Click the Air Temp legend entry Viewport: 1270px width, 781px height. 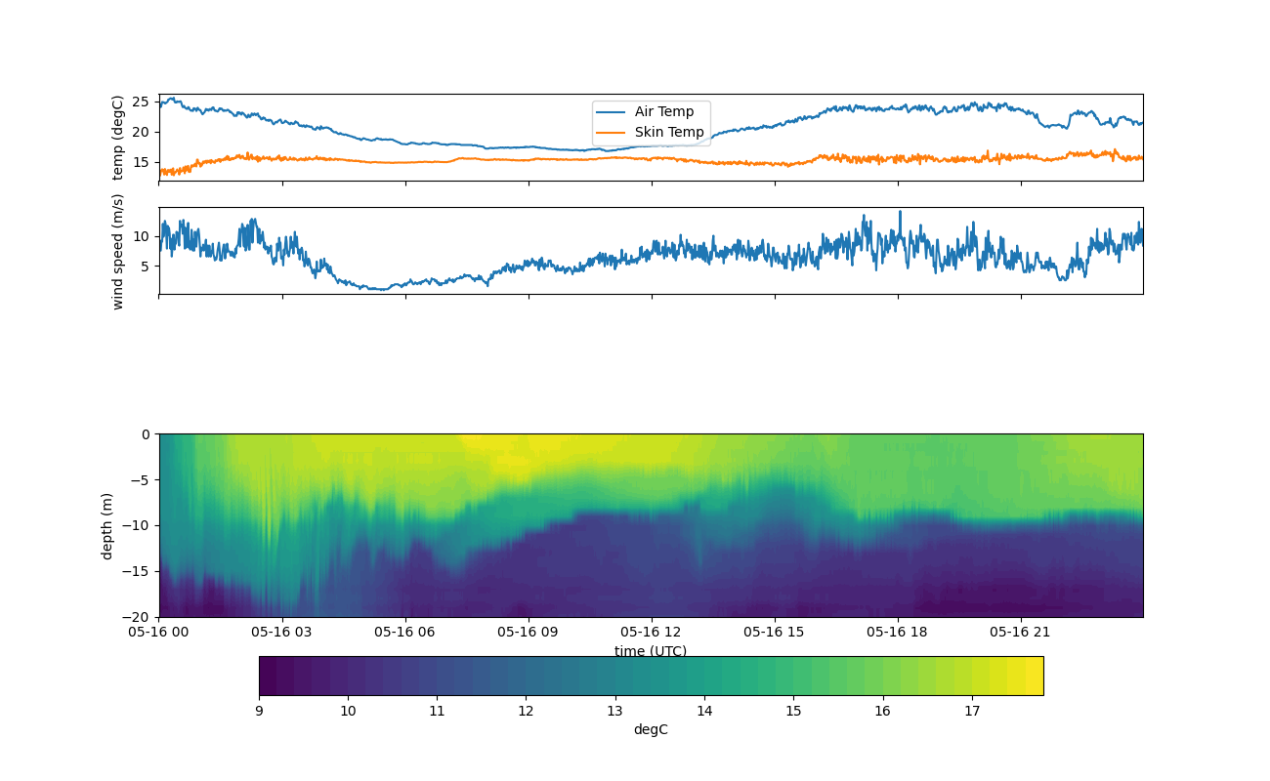[663, 112]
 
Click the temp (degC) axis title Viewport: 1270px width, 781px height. [118, 138]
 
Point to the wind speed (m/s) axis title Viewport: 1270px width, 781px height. [118, 251]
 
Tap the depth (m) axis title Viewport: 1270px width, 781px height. [107, 525]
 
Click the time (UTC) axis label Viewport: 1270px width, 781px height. [651, 651]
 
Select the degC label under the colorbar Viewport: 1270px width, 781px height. [651, 729]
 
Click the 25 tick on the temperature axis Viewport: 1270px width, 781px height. [139, 102]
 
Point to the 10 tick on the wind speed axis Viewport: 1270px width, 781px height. [139, 236]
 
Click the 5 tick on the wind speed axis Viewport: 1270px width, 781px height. [143, 267]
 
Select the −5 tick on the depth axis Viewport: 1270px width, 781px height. [139, 479]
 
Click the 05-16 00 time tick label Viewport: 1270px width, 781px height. [159, 632]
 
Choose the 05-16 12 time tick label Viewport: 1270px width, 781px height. [652, 632]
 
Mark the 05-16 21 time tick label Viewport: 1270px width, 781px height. [1021, 632]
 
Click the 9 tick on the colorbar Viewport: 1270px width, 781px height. [259, 711]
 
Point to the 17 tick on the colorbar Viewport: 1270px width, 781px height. [972, 711]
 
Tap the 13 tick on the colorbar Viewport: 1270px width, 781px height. [615, 711]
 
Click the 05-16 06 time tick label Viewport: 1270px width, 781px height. [405, 632]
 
